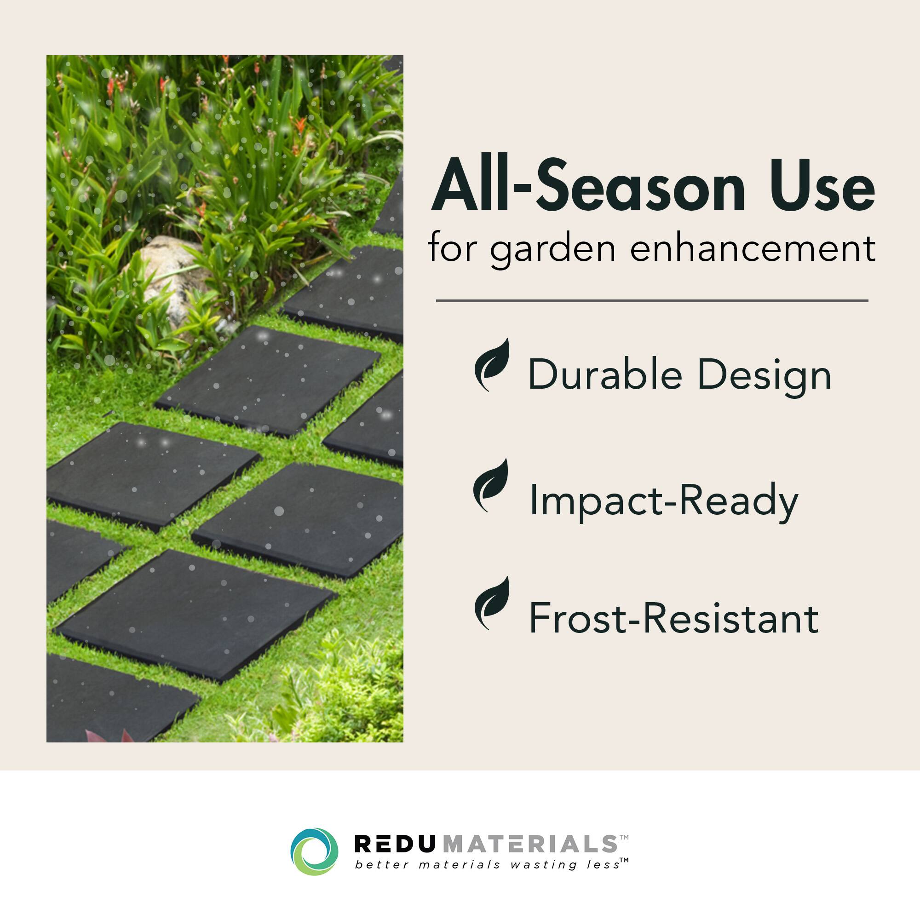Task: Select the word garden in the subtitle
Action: pos(553,249)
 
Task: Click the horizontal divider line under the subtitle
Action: pos(652,301)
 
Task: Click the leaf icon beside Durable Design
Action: pos(492,364)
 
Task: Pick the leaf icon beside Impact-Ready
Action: pos(491,485)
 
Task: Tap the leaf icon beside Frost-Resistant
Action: pos(492,603)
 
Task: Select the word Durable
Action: pos(605,375)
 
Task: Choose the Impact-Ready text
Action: pos(663,500)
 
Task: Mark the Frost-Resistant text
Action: pos(673,619)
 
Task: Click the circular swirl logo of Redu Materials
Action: pos(314,852)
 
